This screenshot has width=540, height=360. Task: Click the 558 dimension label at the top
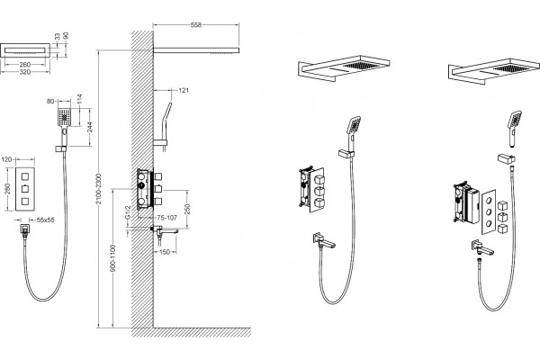click(195, 25)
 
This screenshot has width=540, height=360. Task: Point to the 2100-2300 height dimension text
click(98, 189)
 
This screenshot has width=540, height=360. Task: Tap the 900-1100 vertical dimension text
click(112, 258)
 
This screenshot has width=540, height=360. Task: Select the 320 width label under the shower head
click(25, 72)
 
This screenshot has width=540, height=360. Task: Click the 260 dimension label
click(25, 65)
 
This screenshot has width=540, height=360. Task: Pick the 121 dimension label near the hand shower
click(184, 91)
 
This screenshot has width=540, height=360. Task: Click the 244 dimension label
click(89, 127)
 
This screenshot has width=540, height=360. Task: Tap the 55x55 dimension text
click(46, 220)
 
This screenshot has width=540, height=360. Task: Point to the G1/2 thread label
click(128, 212)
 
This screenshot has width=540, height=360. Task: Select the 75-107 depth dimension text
click(167, 218)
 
